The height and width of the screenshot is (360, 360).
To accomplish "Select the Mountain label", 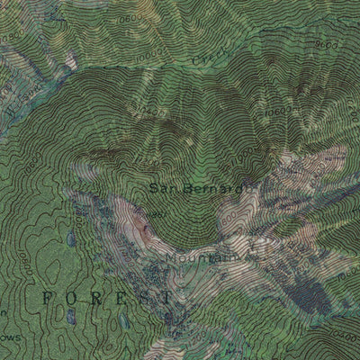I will (x=200, y=259).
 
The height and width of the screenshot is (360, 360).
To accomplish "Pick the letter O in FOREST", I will (x=70, y=296).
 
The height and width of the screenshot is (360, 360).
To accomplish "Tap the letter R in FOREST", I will (x=94, y=296).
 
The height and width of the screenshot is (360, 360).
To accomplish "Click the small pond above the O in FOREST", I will (x=71, y=239).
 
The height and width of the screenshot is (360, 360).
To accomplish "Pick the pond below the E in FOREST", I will (x=121, y=321).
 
